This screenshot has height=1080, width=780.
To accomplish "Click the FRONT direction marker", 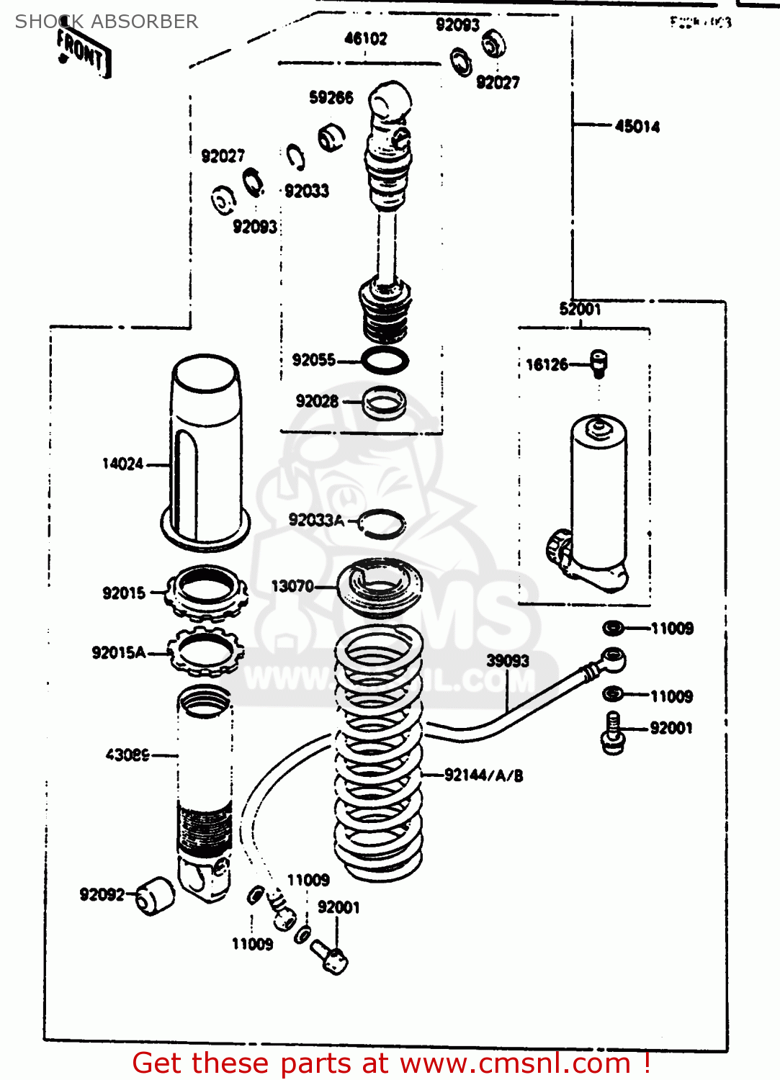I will tap(84, 52).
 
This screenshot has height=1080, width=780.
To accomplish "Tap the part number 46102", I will tap(365, 39).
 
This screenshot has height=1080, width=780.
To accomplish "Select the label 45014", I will tap(637, 127).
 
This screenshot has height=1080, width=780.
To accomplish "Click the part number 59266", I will tap(331, 98).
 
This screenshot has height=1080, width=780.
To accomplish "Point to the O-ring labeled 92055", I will tap(385, 361).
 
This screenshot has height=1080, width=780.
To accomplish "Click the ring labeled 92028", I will tap(384, 402).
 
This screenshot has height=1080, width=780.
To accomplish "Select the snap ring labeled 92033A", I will tap(382, 523).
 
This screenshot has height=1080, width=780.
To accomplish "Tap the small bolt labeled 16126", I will tap(599, 364).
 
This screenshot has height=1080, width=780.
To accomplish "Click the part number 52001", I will tap(580, 310).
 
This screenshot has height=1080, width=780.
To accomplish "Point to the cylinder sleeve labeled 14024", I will tap(206, 450).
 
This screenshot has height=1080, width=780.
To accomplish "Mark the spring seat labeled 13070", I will tap(380, 587).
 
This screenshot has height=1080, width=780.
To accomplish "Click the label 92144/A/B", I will tap(483, 775).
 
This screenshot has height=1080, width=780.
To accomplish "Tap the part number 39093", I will tap(507, 661).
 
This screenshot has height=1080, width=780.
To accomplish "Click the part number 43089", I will tap(127, 755).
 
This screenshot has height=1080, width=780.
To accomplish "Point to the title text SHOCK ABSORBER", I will tap(107, 22).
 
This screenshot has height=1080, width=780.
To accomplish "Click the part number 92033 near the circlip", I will tap(307, 191).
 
